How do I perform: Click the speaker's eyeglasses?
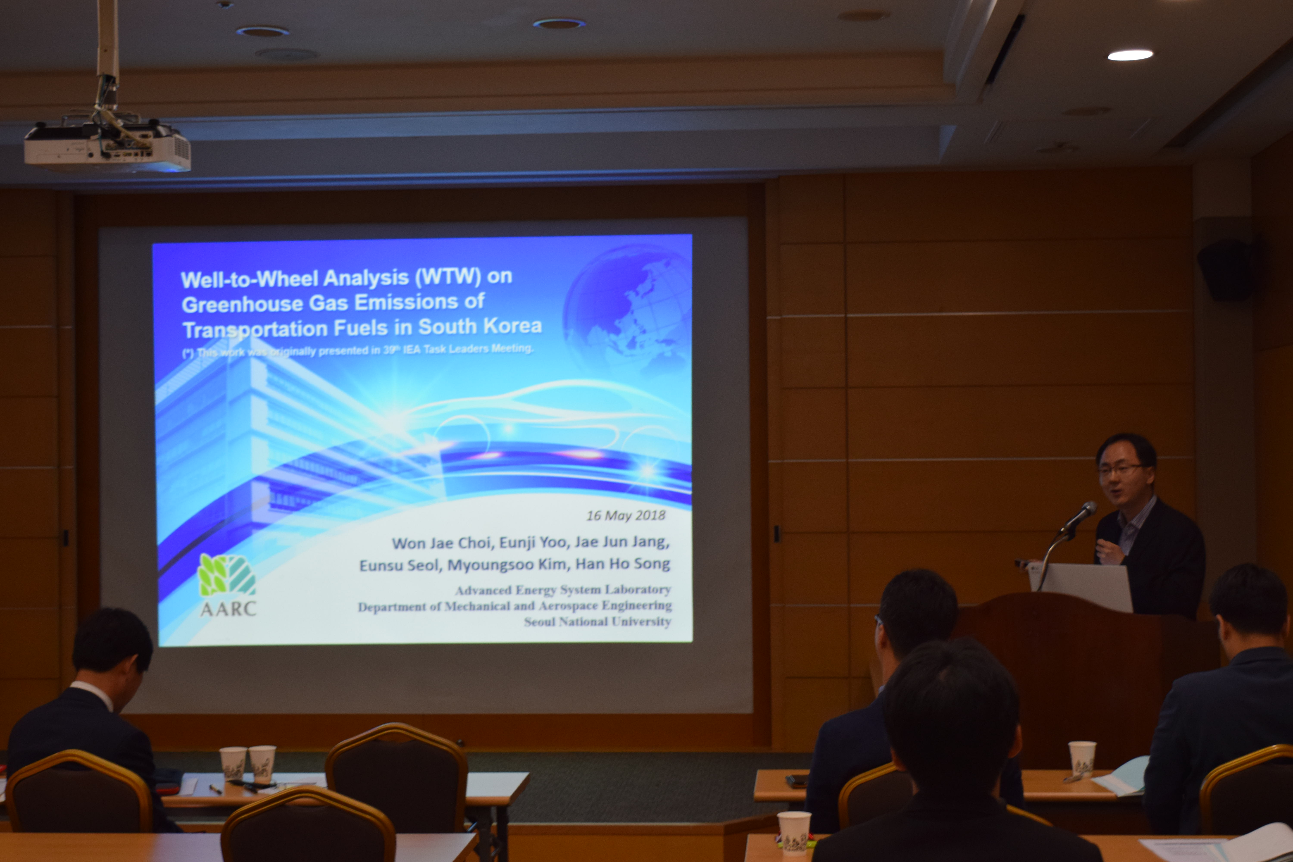pyautogui.click(x=1121, y=470)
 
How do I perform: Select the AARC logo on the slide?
pyautogui.click(x=227, y=586)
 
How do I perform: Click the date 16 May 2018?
pyautogui.click(x=626, y=515)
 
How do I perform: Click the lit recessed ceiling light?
pyautogui.click(x=1130, y=55)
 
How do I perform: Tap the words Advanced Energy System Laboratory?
pyautogui.click(x=563, y=590)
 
